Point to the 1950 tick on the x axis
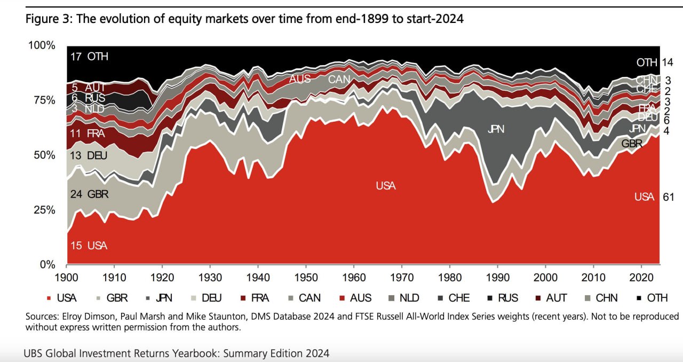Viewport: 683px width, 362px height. tap(306, 279)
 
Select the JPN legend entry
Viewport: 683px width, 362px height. tap(162, 298)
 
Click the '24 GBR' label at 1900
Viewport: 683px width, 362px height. tap(89, 194)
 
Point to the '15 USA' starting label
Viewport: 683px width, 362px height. tap(89, 246)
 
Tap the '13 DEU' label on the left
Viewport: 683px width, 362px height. tap(89, 156)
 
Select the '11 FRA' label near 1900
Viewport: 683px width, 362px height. tap(88, 133)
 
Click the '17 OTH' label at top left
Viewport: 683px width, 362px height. tap(89, 57)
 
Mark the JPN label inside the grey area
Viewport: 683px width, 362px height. tap(496, 129)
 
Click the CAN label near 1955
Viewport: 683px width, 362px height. tap(340, 80)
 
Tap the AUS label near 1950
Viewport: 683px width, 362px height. tap(300, 79)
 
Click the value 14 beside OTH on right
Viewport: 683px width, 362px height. tap(668, 62)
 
